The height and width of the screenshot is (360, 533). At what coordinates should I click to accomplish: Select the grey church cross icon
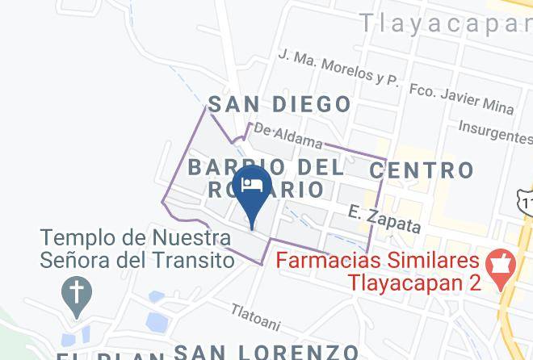(x=78, y=292)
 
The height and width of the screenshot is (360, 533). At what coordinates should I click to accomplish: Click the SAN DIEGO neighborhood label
(x=279, y=104)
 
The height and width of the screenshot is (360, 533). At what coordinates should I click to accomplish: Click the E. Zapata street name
(x=384, y=218)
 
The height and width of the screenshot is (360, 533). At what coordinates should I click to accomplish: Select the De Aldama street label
(x=287, y=136)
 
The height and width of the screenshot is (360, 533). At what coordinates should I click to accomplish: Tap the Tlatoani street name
(x=255, y=317)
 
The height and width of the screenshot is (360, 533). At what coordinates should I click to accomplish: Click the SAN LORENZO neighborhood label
(x=266, y=352)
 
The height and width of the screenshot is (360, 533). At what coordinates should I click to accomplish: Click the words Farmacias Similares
(x=379, y=262)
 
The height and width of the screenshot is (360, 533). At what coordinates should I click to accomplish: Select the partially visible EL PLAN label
(x=105, y=355)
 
